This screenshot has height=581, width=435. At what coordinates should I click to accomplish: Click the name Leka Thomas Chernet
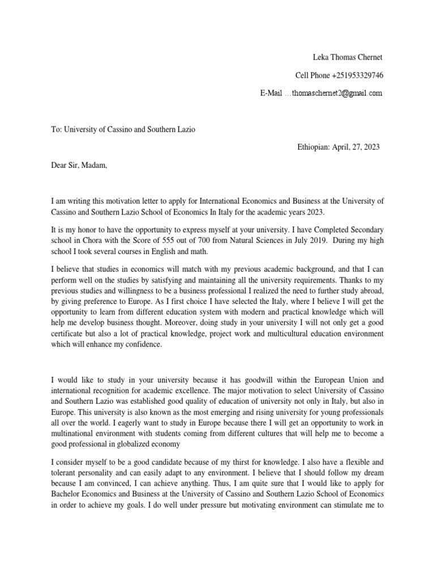(348, 58)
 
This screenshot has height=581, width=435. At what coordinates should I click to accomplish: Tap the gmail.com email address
(336, 92)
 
